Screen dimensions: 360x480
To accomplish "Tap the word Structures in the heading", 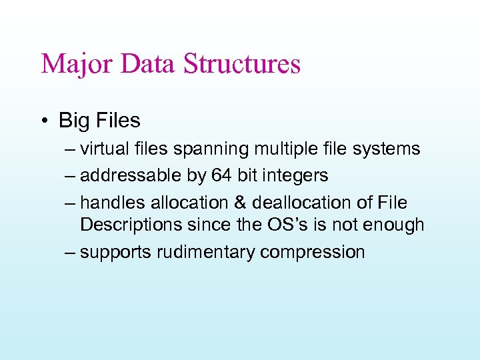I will click(242, 65).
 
